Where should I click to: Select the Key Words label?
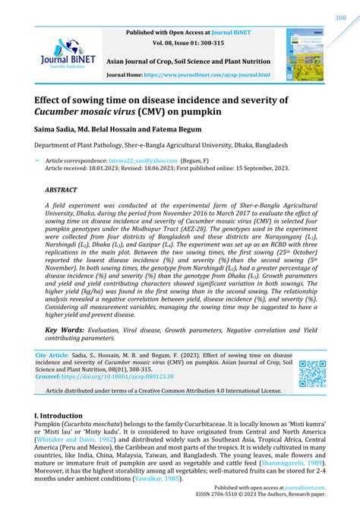pyautogui.click(x=65, y=308)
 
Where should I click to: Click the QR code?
pyautogui.click(x=312, y=373)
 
